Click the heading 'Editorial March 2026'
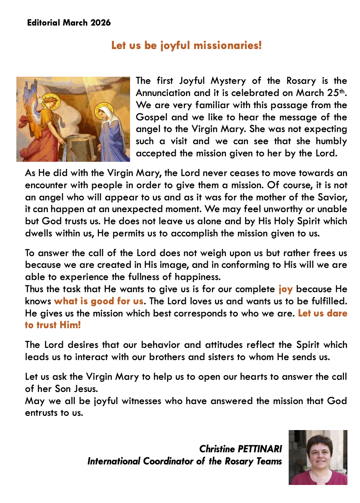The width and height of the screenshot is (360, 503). pyautogui.click(x=69, y=23)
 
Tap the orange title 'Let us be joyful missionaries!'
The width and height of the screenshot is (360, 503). pyautogui.click(x=186, y=45)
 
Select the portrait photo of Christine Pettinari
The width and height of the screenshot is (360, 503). pyautogui.click(x=318, y=457)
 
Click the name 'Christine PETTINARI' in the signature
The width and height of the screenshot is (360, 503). pyautogui.click(x=240, y=449)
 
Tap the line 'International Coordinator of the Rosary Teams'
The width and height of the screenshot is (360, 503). pyautogui.click(x=184, y=461)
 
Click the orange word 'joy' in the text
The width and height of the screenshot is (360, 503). pyautogui.click(x=285, y=289)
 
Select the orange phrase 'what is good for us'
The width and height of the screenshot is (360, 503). pyautogui.click(x=99, y=301)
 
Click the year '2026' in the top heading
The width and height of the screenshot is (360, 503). pyautogui.click(x=100, y=23)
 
